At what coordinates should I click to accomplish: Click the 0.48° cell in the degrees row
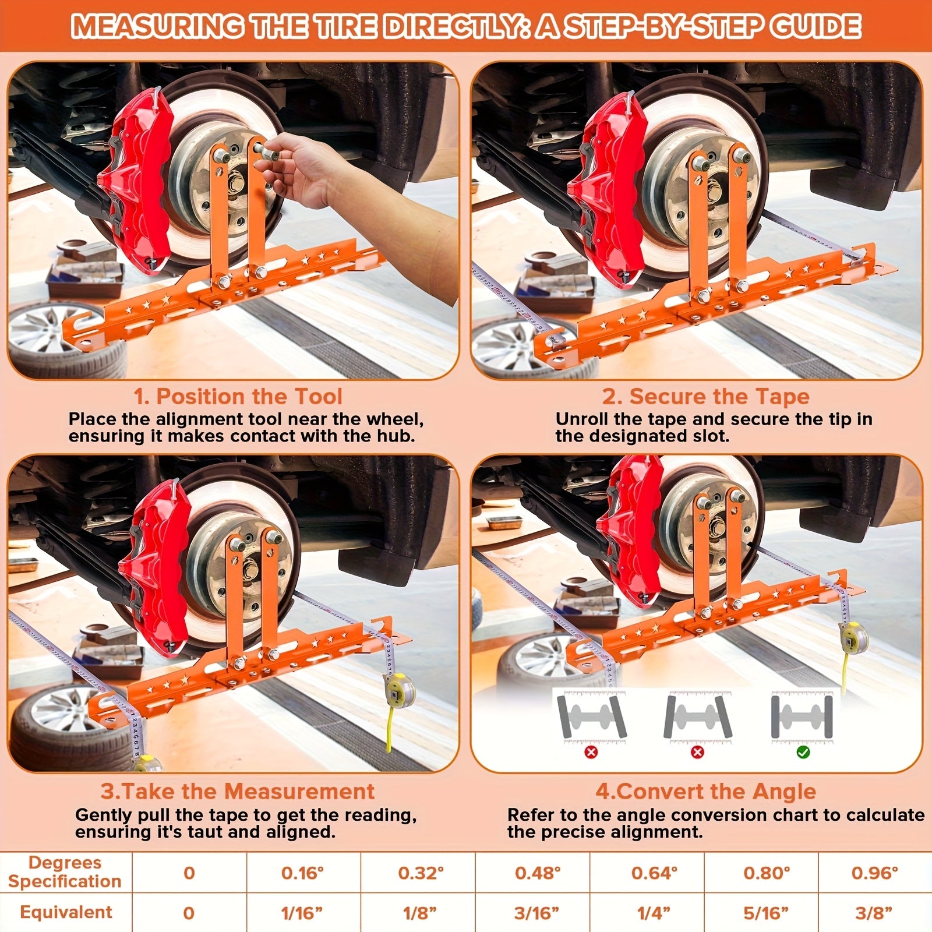[537, 873]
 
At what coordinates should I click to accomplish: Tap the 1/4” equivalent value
[654, 913]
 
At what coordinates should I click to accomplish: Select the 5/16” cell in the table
[766, 913]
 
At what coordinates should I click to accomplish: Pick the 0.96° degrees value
[874, 873]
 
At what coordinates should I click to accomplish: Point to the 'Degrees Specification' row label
[65, 872]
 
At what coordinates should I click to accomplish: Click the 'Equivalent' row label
[66, 912]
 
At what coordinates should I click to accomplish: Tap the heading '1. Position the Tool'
[238, 397]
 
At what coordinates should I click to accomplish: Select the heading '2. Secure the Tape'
[705, 397]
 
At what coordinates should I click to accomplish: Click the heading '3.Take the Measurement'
[237, 791]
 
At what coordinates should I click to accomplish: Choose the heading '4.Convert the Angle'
[705, 791]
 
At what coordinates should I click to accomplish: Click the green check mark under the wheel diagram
[803, 753]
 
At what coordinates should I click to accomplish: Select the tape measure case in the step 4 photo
[853, 638]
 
